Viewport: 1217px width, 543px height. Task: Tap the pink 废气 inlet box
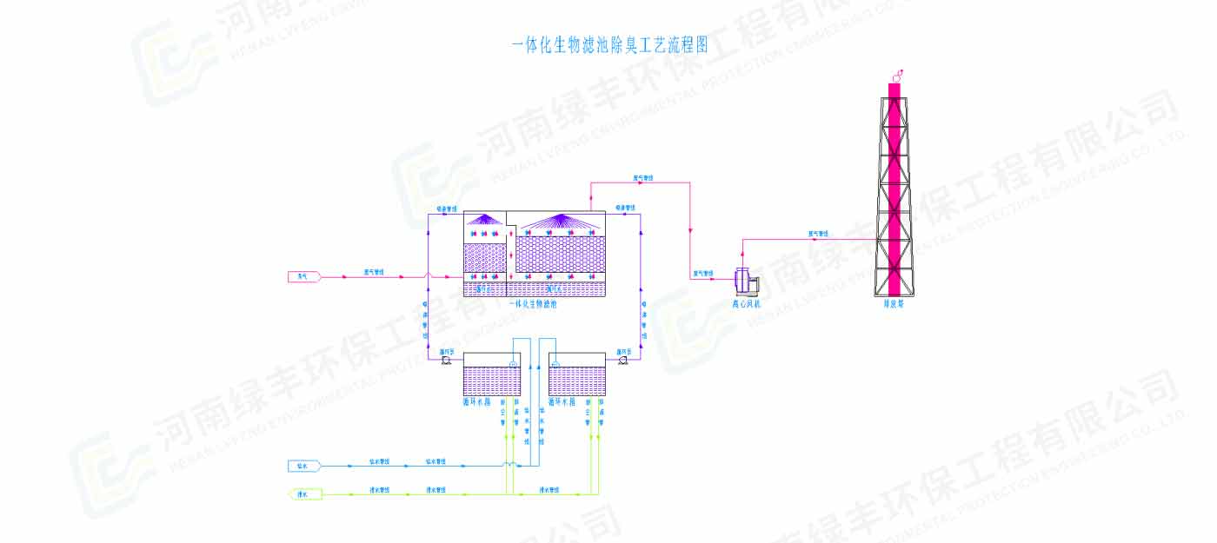(x=303, y=276)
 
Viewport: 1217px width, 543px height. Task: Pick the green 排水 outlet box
(x=303, y=494)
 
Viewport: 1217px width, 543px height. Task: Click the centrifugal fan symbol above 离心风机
(x=745, y=281)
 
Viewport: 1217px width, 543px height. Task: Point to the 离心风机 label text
(x=745, y=304)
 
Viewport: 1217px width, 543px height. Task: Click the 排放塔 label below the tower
(x=894, y=304)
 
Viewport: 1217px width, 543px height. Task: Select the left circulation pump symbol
(x=446, y=359)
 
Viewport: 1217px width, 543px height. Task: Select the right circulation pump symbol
(x=622, y=359)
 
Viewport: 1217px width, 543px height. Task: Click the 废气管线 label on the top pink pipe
(x=643, y=179)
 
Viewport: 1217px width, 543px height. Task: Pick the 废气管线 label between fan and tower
(x=818, y=233)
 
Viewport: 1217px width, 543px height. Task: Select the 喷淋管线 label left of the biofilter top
(x=445, y=209)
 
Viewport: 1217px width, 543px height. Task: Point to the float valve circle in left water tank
(x=513, y=364)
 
